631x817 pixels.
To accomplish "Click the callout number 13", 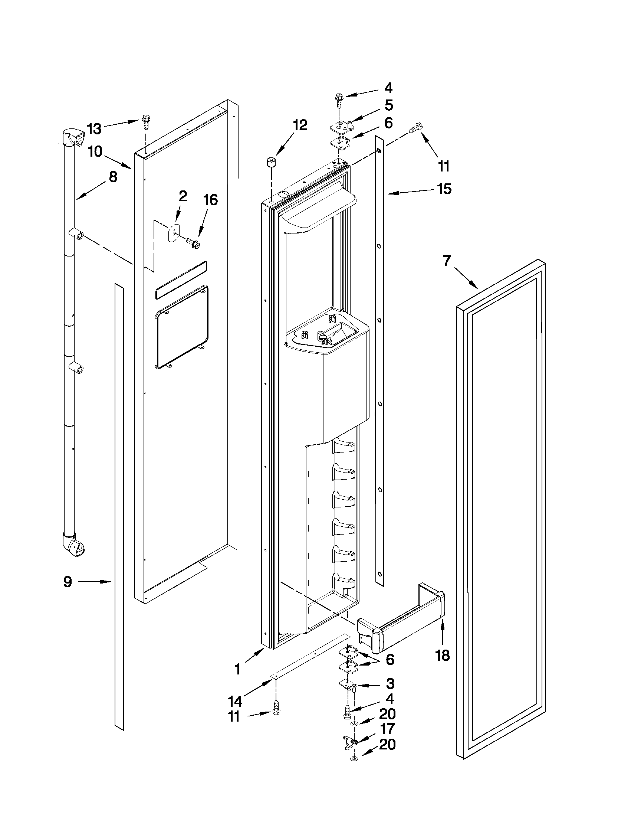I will click(x=94, y=129).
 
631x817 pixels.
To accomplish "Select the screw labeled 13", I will click(x=145, y=122).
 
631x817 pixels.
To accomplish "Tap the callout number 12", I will click(x=300, y=125).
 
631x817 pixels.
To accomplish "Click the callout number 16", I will click(x=210, y=200).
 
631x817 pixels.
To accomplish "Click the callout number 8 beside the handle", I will click(x=113, y=177).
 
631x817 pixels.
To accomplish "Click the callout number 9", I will click(x=67, y=582).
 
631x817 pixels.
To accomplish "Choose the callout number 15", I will click(x=444, y=189).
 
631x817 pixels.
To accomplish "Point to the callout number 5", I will click(x=389, y=105).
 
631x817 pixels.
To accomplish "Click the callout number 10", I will click(x=95, y=151).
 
